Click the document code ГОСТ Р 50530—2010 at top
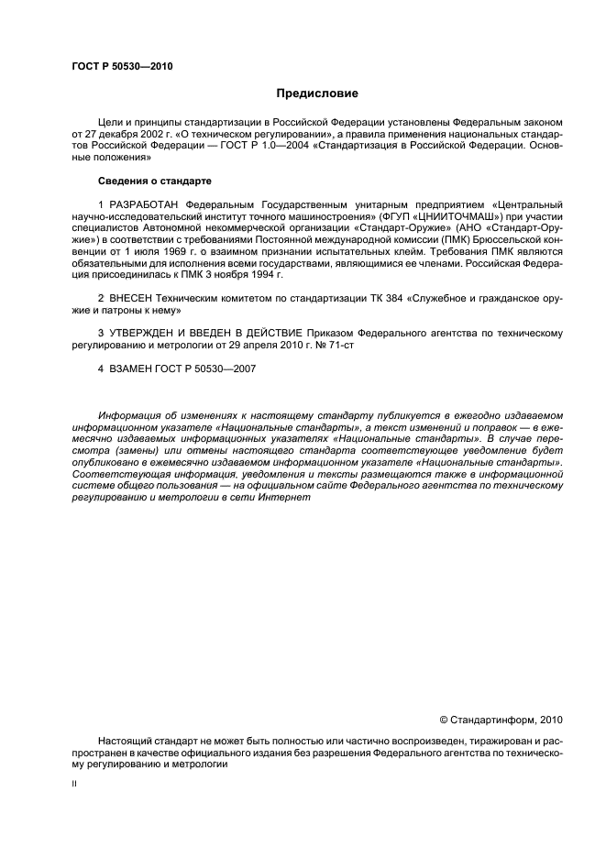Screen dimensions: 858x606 tap(121, 67)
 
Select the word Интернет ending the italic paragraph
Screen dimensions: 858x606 tap(285, 497)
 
